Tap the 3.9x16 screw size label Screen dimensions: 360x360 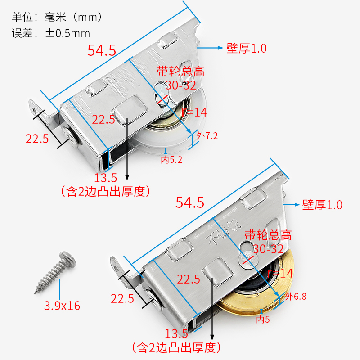(x=62, y=306)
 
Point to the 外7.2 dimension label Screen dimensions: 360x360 (x=207, y=135)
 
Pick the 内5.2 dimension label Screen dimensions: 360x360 (x=171, y=159)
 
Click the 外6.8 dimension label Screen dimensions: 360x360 (x=296, y=297)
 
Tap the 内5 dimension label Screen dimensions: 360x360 (x=263, y=319)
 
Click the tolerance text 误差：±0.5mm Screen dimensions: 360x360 (x=50, y=33)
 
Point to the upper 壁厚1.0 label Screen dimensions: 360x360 (x=247, y=48)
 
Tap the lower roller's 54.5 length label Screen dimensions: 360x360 (x=190, y=203)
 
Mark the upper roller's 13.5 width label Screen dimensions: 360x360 (x=105, y=178)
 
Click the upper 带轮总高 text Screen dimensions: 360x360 (x=180, y=71)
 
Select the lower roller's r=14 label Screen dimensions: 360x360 (x=279, y=273)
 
